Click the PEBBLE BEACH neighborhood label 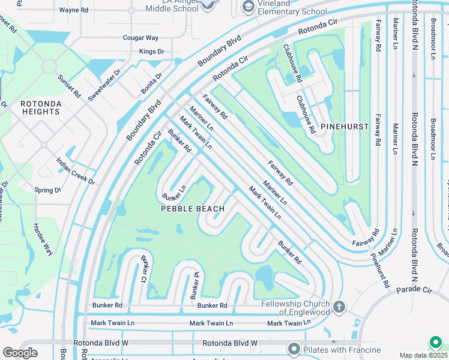pos(193,209)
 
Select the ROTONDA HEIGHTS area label pos(40,107)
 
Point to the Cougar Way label pos(140,38)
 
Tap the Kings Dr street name pos(151,52)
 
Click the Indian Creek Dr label pos(76,171)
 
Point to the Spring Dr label pos(48,190)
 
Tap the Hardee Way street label pos(43,240)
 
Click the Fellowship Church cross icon pos(339,307)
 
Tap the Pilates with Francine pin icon pos(294,349)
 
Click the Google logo pos(20,352)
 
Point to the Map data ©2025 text pos(423,355)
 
